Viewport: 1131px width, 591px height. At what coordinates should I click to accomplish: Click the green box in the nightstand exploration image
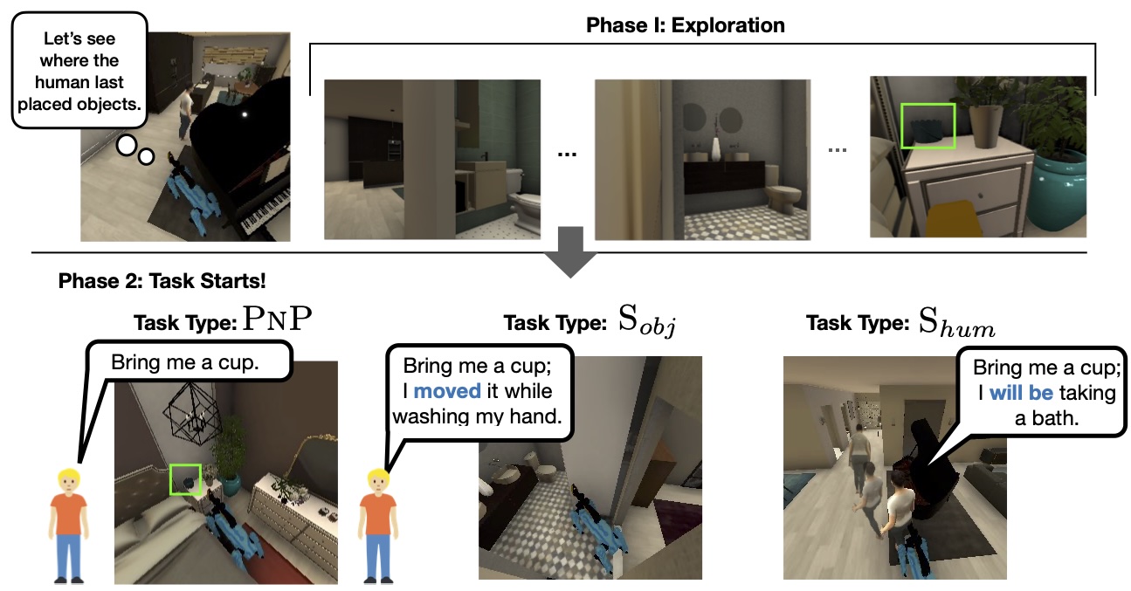[928, 126]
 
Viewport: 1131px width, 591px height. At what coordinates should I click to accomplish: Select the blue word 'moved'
[447, 391]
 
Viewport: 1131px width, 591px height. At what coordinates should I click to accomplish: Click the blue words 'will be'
[1021, 393]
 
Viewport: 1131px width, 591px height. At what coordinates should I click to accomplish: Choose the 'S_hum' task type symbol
[957, 324]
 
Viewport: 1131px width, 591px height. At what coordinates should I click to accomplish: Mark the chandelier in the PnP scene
[196, 415]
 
